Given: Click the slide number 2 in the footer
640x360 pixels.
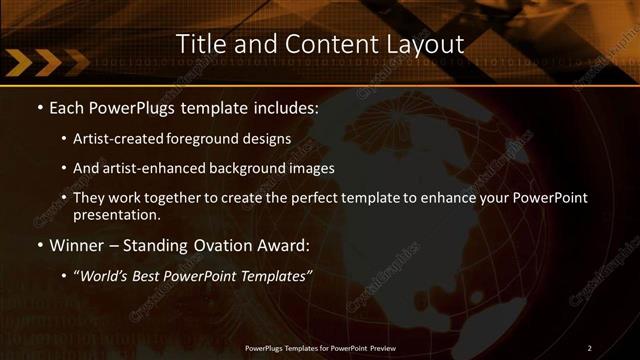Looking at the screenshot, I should click(x=589, y=348).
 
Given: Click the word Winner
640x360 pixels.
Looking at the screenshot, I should click(x=75, y=245).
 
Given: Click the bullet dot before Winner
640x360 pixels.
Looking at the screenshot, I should click(x=40, y=245).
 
